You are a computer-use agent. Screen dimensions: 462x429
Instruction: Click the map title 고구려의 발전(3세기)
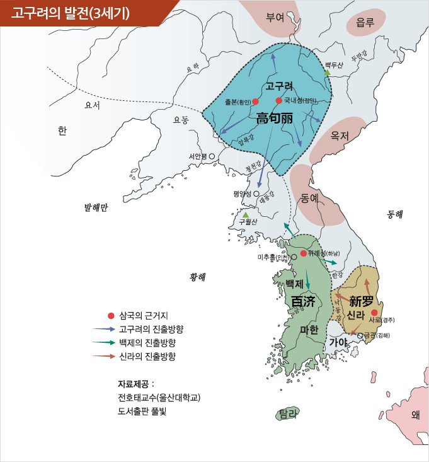(70, 13)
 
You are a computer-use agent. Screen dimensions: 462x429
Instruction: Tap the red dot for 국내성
(278, 100)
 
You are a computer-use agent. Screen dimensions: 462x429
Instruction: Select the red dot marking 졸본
(256, 101)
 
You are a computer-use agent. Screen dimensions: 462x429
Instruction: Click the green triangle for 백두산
(327, 73)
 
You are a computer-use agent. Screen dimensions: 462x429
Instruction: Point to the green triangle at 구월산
(246, 214)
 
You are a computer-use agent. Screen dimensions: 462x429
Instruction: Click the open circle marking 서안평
(212, 156)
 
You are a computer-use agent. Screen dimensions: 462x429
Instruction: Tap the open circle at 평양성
(256, 194)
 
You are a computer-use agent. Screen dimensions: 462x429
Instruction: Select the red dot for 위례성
(304, 253)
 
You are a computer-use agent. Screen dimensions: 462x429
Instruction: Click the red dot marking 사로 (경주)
(375, 313)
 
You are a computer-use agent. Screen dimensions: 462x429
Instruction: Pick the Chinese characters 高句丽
(275, 117)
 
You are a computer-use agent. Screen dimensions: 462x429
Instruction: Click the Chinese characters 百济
(303, 302)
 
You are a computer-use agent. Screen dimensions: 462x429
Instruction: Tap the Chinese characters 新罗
(362, 301)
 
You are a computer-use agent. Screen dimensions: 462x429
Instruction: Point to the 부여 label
(275, 18)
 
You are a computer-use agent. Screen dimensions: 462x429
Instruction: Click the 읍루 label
(365, 22)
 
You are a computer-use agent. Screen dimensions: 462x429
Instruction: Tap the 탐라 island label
(288, 413)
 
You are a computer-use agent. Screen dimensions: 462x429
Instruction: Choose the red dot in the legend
(112, 316)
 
